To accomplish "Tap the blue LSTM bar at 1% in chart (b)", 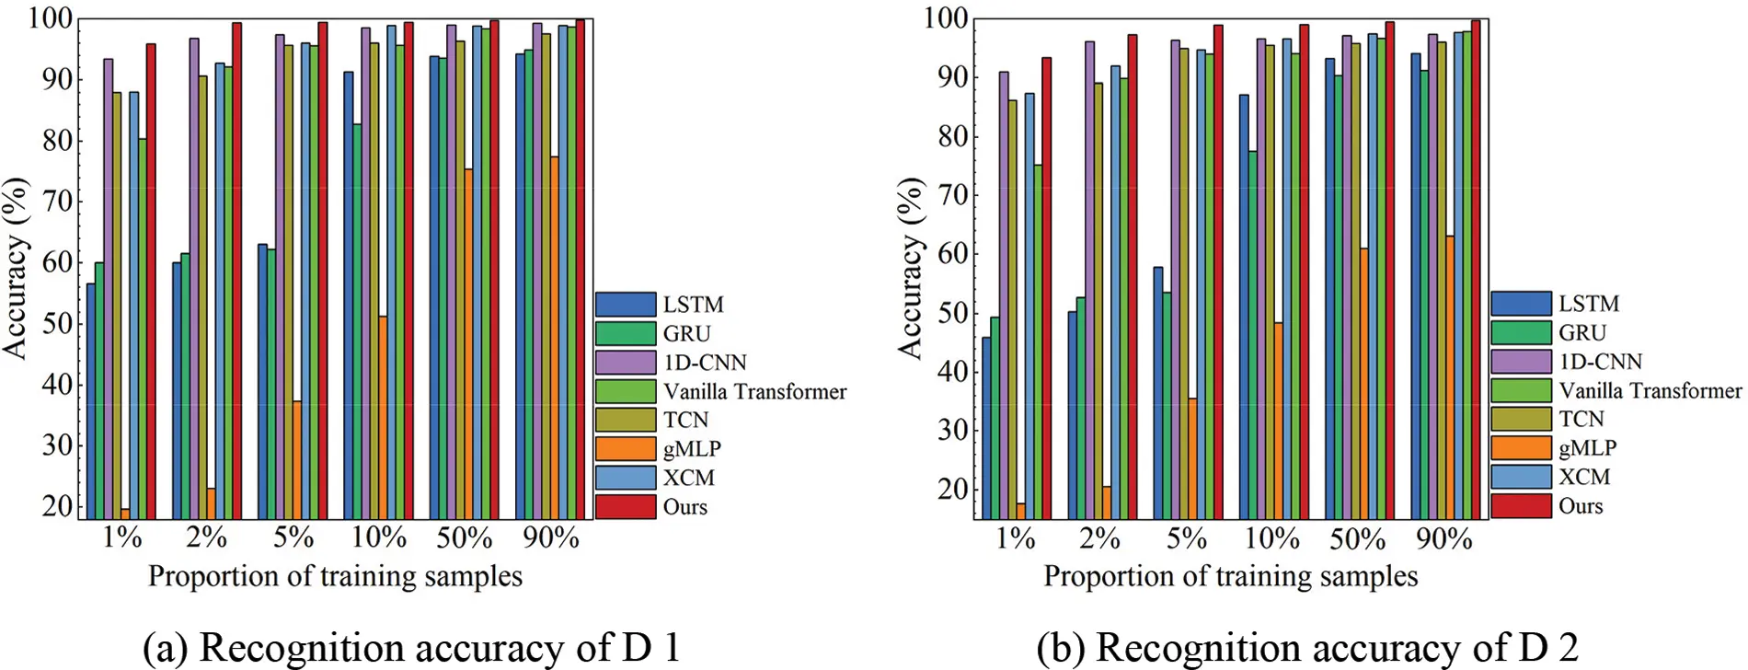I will click(x=986, y=428).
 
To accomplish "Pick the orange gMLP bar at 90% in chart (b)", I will click(x=1450, y=377).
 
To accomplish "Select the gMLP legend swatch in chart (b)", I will click(x=1521, y=448).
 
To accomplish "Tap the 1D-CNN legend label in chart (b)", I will click(x=1600, y=362).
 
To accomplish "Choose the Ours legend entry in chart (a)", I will click(x=684, y=507).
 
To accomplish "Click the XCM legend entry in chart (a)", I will click(x=688, y=478).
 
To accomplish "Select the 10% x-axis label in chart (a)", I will click(x=379, y=538).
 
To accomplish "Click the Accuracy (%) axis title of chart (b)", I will click(x=910, y=268).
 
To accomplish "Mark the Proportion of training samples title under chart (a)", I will click(x=335, y=577).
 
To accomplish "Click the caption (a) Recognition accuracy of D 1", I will click(x=411, y=647).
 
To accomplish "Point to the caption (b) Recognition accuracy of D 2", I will click(x=1306, y=647).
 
